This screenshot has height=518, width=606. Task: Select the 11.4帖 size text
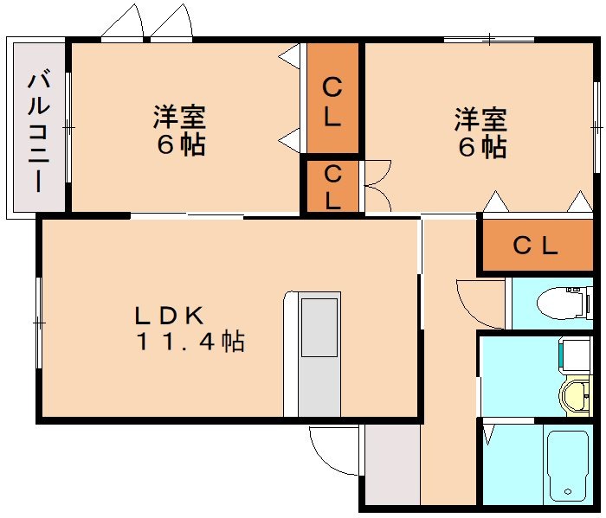pos(189,342)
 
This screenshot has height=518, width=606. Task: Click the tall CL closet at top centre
pos(332,102)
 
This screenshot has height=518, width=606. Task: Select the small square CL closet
pos(332,186)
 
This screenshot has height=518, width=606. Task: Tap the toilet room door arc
pos(479,303)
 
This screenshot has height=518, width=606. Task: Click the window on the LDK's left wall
pos(39,321)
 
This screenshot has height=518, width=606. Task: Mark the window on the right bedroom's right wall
pos(596,126)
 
